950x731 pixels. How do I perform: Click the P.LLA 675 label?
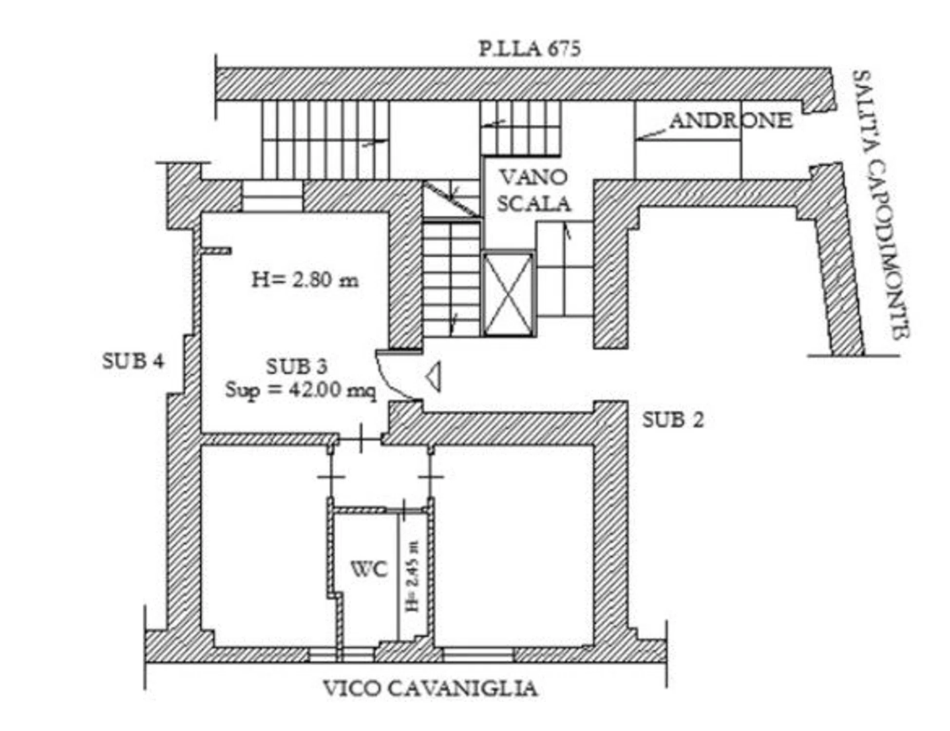pos(530,49)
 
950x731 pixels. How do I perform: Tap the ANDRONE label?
pos(731,120)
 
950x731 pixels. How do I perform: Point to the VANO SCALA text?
pos(533,191)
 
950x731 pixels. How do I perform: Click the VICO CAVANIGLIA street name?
pos(430,689)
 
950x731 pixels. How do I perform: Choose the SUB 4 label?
pos(133,361)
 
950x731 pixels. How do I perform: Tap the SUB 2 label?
pos(673,420)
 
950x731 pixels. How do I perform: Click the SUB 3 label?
pos(297,366)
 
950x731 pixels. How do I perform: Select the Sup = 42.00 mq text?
pos(301,390)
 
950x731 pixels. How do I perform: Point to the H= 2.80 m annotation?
pos(305,280)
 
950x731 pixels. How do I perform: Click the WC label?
pos(369,569)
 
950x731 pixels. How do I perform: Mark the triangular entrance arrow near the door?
pos(433,377)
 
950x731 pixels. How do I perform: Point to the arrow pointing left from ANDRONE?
pos(652,135)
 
